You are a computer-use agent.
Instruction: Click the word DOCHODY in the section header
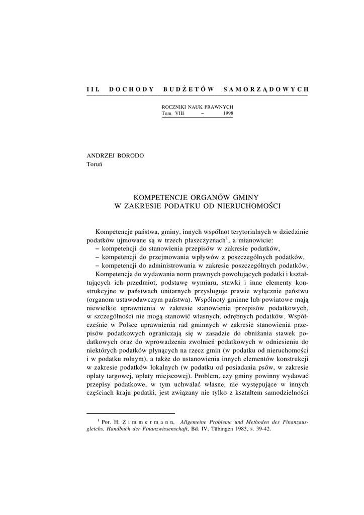point(131,89)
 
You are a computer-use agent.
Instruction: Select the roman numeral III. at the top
point(92,89)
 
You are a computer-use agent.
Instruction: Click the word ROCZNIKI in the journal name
point(174,108)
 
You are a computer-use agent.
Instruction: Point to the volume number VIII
point(180,114)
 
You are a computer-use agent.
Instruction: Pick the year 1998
point(227,114)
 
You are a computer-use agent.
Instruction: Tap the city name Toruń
point(95,166)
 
